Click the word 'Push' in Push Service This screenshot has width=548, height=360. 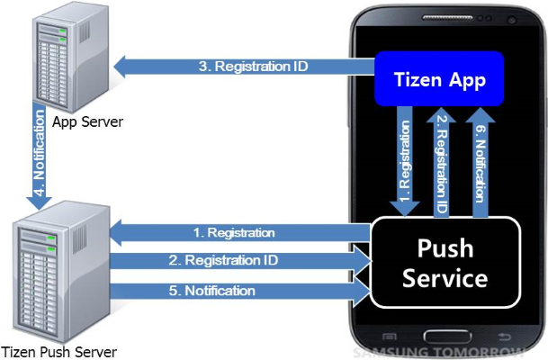[x=445, y=247]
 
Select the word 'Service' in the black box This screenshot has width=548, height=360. [x=445, y=278]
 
